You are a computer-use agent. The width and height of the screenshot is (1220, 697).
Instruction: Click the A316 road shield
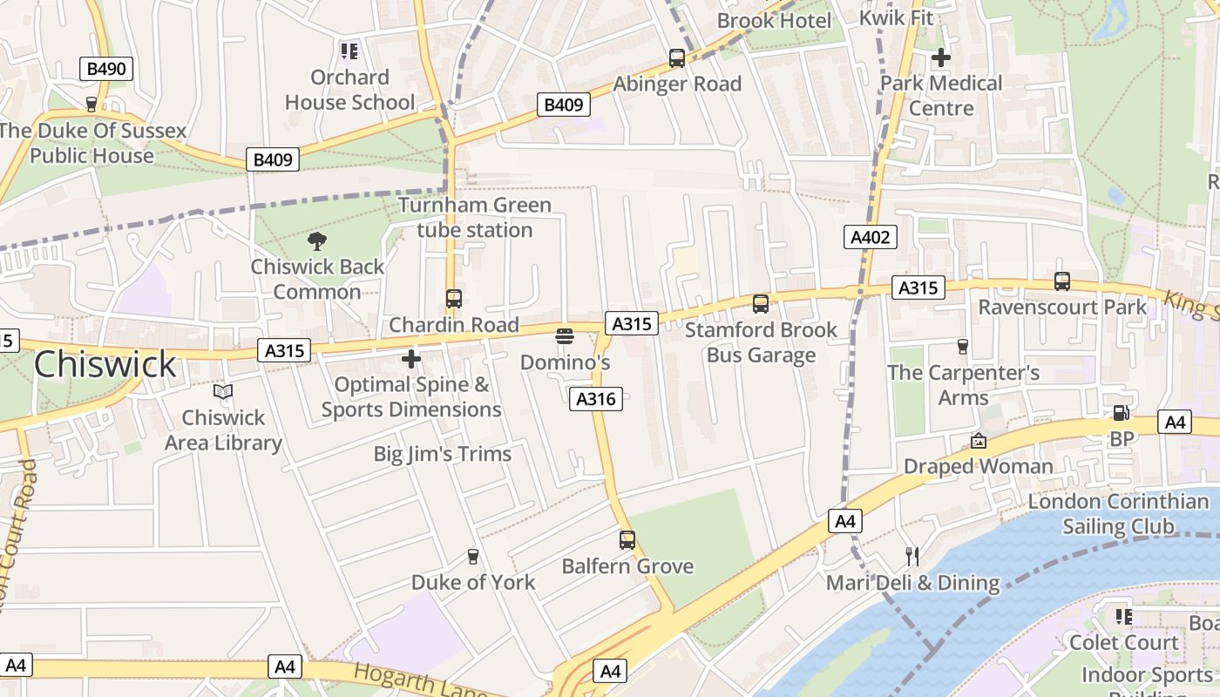tap(596, 399)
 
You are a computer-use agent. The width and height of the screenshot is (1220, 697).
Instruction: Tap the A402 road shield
tap(870, 237)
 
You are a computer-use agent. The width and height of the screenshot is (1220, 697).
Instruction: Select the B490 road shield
tap(107, 69)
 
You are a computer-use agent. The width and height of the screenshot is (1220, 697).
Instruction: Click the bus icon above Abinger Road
tap(677, 58)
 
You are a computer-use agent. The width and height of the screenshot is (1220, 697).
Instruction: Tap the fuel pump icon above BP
tap(1121, 413)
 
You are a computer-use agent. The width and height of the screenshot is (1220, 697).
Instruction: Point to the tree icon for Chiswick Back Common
tap(317, 241)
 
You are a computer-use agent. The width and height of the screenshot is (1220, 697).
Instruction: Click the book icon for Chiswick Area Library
tap(223, 392)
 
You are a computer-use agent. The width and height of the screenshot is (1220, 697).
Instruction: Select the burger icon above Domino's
tap(565, 336)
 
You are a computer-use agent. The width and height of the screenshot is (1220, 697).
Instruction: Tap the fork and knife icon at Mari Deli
tap(912, 556)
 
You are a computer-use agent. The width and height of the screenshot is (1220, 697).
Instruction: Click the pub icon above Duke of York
tap(473, 556)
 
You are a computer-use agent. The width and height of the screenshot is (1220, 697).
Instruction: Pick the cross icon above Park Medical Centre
tap(941, 58)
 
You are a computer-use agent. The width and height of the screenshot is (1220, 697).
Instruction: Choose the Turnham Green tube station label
tap(475, 218)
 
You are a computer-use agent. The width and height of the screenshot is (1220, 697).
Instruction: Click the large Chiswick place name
tap(105, 364)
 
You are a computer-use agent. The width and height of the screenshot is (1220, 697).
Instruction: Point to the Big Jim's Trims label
tap(443, 454)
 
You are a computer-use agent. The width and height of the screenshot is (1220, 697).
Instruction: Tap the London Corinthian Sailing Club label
tap(1118, 514)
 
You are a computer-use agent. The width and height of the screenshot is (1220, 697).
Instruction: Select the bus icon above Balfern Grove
tap(627, 539)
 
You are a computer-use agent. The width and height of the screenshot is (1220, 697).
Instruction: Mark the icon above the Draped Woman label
tap(979, 441)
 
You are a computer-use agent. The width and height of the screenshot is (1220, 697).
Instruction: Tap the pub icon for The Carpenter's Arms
tap(963, 347)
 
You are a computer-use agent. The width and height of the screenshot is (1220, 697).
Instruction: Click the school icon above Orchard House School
tap(349, 51)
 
